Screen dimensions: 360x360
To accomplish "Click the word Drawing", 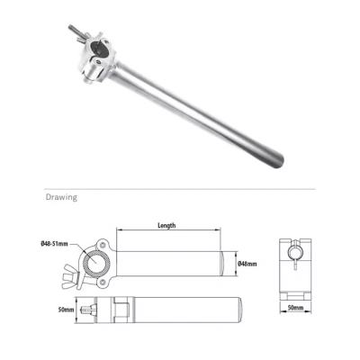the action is coord(61,197).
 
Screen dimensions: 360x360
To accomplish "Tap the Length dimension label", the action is coord(166,225).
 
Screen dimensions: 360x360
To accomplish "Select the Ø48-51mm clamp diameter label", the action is coord(54,244).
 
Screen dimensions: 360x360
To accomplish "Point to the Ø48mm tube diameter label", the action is coord(247,264).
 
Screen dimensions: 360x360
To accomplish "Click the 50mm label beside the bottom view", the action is coord(66,310).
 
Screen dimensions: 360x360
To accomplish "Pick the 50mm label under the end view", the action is coord(295,308).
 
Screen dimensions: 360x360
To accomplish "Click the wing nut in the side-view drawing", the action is coord(70,275).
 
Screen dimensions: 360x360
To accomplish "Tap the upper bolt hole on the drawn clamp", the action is coord(103,244).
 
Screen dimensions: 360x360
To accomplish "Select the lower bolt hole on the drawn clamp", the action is coord(103,282).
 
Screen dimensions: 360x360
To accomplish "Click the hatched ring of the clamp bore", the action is coord(88,262).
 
